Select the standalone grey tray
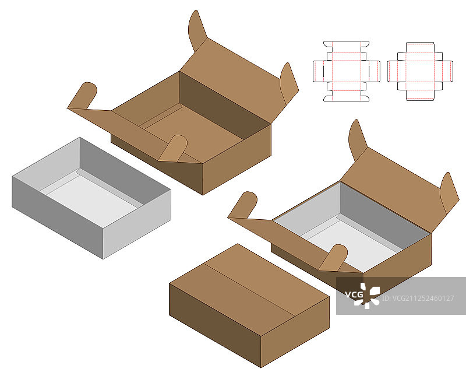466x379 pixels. coord(91,198)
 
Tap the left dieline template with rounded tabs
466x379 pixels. coord(347,71)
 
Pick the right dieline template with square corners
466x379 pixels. coord(420,71)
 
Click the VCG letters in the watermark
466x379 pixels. coord(354,294)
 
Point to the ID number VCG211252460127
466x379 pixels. coord(418,298)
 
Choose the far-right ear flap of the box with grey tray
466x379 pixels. coord(449,193)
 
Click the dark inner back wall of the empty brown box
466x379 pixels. coord(225,105)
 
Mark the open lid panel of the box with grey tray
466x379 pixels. coord(395,191)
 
